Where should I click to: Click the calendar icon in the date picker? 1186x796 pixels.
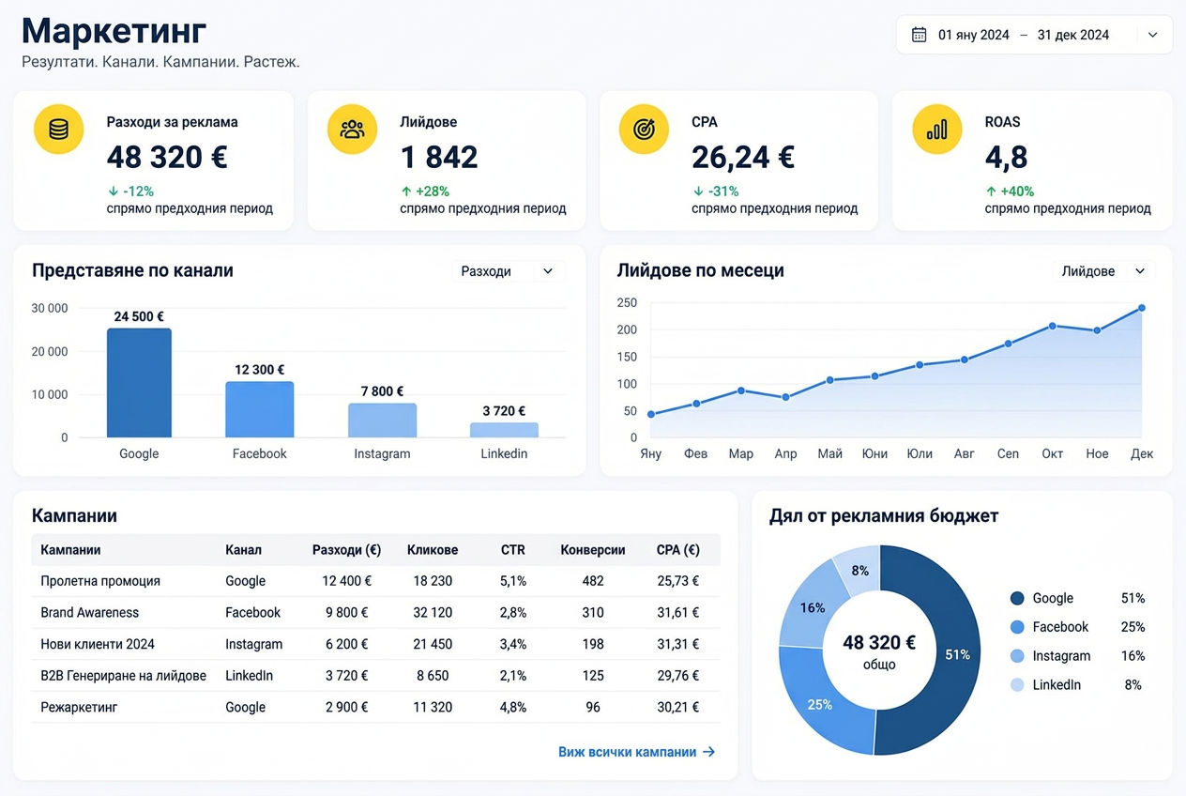(x=919, y=35)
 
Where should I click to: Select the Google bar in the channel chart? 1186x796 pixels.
(x=139, y=382)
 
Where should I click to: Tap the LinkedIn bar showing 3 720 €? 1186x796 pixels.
(x=504, y=430)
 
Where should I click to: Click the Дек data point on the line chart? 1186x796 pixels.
(x=1142, y=308)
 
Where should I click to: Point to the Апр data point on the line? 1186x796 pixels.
(x=785, y=397)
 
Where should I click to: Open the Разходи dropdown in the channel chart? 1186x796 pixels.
(x=509, y=271)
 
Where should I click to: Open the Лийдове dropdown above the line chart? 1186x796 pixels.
(x=1103, y=271)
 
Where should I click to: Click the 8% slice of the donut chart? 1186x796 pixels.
(x=859, y=571)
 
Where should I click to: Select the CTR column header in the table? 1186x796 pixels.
(x=513, y=550)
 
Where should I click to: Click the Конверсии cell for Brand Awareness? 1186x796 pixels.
(x=592, y=613)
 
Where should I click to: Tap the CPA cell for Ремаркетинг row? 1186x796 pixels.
(x=677, y=707)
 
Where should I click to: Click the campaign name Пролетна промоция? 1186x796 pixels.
(x=100, y=581)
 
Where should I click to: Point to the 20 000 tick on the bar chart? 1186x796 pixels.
(x=49, y=352)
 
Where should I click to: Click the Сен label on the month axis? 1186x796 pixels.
(x=1008, y=454)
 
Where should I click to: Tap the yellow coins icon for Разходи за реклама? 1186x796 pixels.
(x=59, y=130)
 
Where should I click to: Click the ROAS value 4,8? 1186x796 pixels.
(x=1006, y=158)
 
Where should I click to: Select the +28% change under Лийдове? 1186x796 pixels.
(x=425, y=191)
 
